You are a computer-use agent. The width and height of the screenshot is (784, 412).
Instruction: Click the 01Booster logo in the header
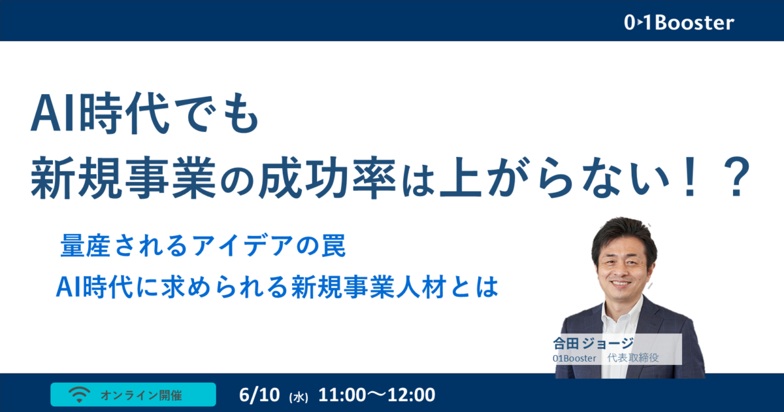(679, 23)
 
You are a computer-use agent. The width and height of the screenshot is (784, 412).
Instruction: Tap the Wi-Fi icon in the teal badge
(79, 394)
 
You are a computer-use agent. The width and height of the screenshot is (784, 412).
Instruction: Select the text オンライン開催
(141, 395)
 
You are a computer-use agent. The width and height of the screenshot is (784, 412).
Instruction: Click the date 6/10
(259, 395)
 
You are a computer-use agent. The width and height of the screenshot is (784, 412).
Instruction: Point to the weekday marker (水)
(299, 398)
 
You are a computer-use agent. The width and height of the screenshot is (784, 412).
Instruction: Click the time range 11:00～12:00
(376, 395)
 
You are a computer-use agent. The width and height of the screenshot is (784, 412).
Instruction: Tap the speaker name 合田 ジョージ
(593, 343)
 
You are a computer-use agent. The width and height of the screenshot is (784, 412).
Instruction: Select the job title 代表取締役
(633, 358)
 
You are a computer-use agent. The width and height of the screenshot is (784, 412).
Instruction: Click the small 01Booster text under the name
(574, 358)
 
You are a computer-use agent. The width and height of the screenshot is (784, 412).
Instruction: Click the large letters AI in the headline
(54, 114)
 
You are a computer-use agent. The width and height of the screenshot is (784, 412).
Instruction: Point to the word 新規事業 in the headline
(123, 177)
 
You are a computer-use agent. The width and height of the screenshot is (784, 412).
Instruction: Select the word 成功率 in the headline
(328, 177)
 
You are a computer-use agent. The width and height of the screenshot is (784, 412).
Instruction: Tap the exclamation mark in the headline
(690, 177)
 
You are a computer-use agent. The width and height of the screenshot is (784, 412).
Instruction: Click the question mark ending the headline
(736, 177)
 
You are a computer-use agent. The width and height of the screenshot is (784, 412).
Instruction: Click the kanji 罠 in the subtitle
(334, 245)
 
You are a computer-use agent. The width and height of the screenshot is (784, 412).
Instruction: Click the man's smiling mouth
(620, 283)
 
